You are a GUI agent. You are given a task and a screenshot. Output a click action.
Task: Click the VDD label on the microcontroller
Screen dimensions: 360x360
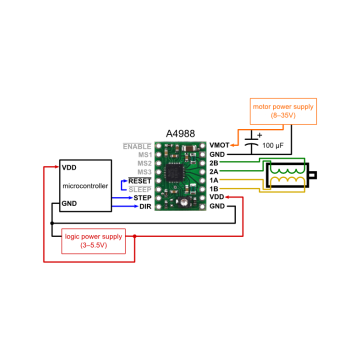point(69,168)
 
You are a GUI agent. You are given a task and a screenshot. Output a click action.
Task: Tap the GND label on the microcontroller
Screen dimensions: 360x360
point(69,203)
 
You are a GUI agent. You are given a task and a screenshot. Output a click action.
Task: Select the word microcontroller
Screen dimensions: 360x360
point(85,186)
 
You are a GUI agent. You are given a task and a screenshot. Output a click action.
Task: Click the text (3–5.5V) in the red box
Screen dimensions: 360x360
point(93,245)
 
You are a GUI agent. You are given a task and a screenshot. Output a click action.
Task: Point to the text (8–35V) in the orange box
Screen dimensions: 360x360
point(283,115)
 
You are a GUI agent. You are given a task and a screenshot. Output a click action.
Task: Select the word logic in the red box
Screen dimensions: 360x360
point(73,236)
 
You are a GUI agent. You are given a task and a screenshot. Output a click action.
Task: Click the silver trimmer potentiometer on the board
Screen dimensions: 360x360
point(185,202)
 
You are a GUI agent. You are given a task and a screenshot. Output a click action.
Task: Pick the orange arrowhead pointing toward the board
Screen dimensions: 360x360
point(232,145)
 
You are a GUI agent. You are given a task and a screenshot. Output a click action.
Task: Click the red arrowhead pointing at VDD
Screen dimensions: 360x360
point(56,166)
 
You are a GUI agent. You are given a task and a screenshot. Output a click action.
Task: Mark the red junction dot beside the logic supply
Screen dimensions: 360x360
point(134,236)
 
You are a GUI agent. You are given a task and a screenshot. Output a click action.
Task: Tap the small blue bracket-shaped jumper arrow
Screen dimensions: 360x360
point(123,185)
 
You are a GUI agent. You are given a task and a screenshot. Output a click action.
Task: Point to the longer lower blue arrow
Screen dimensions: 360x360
point(125,205)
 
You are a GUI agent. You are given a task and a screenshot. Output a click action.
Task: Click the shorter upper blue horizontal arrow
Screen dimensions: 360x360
point(123,197)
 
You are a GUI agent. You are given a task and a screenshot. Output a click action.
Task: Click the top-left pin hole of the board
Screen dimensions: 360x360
point(159,146)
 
